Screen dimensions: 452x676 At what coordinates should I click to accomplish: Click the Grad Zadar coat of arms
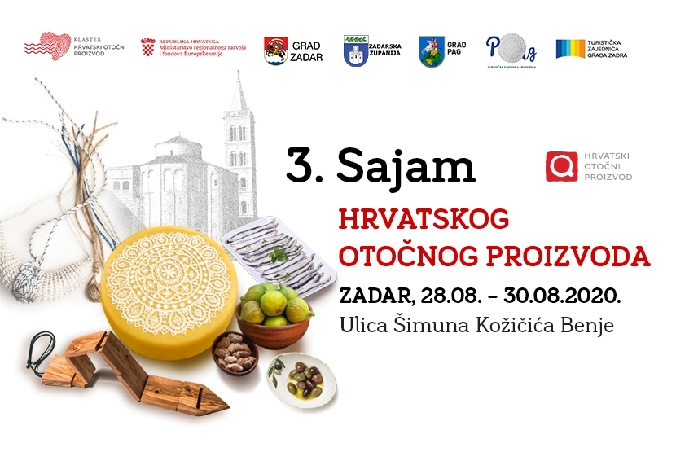point(275,50)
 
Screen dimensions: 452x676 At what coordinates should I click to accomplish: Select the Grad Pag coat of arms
point(431,50)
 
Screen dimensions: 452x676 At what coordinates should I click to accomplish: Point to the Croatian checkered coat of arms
point(148,46)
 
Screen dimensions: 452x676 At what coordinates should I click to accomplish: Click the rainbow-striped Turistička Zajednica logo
point(573,49)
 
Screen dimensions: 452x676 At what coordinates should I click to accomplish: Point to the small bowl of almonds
point(235,351)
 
